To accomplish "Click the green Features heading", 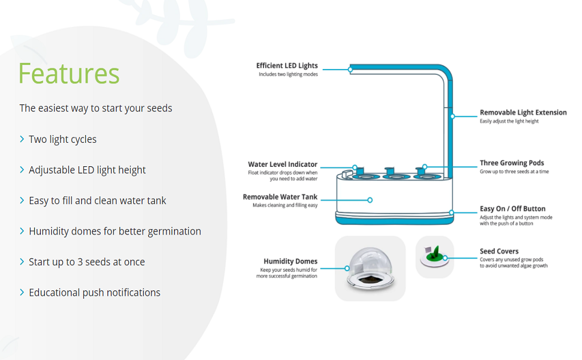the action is pos(69,74).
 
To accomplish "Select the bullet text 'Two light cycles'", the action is pos(62,139).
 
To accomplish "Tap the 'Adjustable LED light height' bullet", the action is pos(87,170).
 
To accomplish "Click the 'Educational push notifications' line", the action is pos(94,293).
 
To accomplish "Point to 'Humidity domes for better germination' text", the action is pos(115,231).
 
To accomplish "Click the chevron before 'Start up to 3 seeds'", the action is pos(22,262).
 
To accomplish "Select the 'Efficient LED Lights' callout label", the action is pos(287,66).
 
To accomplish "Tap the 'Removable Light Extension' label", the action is pos(523,112).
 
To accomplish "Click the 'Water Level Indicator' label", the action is pos(283,164).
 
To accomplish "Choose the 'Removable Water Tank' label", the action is pos(280,197).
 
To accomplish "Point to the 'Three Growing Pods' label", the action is pos(512,163).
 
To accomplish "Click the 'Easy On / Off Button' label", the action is pos(512,209).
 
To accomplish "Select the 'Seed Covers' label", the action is pos(499,251).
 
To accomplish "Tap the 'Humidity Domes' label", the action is pos(290,261).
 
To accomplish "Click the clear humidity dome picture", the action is pos(370,267).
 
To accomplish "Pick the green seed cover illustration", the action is pos(434,256).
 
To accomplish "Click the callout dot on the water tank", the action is pos(370,200).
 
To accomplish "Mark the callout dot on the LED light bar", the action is pos(350,70).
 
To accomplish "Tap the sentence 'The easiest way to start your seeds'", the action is pos(95,108).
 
